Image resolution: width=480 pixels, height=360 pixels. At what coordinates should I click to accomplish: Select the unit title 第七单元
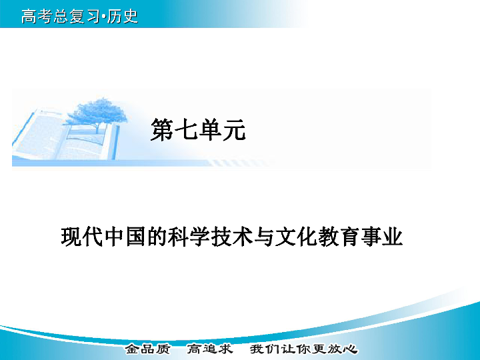[198, 129]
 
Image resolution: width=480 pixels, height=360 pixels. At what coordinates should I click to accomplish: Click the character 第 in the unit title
[162, 129]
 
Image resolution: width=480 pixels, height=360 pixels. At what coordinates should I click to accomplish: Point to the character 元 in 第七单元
[234, 129]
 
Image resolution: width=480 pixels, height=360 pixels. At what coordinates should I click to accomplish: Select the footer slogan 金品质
[147, 349]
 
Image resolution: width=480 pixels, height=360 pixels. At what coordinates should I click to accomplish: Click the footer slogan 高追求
[209, 349]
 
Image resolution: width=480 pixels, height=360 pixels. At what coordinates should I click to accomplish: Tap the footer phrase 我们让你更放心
[303, 349]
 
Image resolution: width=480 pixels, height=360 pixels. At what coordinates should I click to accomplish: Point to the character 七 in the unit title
[186, 129]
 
